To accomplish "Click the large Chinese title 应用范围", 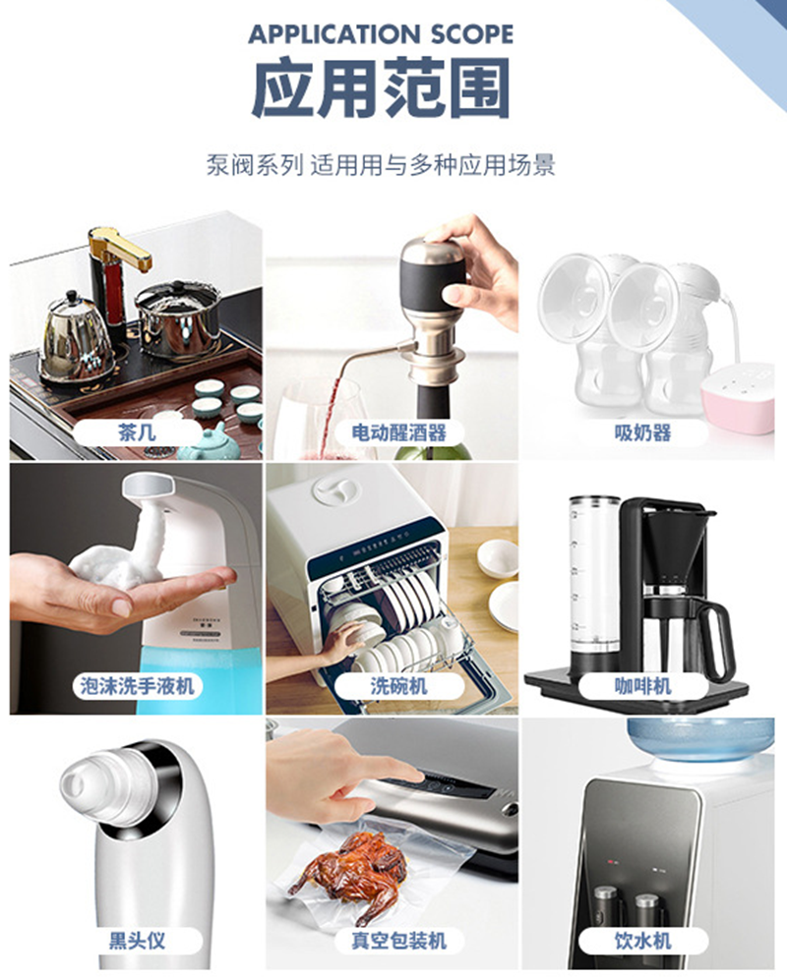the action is [381, 87].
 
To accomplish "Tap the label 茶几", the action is [136, 431].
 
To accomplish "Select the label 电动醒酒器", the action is [398, 431].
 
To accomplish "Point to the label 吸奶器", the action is [642, 431].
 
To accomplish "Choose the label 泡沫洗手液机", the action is [137, 685].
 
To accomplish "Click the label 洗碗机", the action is [398, 685].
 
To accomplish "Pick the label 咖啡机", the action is [642, 685].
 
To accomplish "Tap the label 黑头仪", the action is [137, 940].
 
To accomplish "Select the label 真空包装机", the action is [398, 940].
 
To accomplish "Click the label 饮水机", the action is [642, 940].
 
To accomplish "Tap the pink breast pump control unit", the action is [739, 400].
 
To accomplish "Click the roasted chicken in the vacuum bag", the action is [352, 870].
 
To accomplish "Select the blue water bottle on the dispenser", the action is [700, 740].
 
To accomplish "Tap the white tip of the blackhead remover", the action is [88, 779].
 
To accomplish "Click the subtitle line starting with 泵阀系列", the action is [381, 165].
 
